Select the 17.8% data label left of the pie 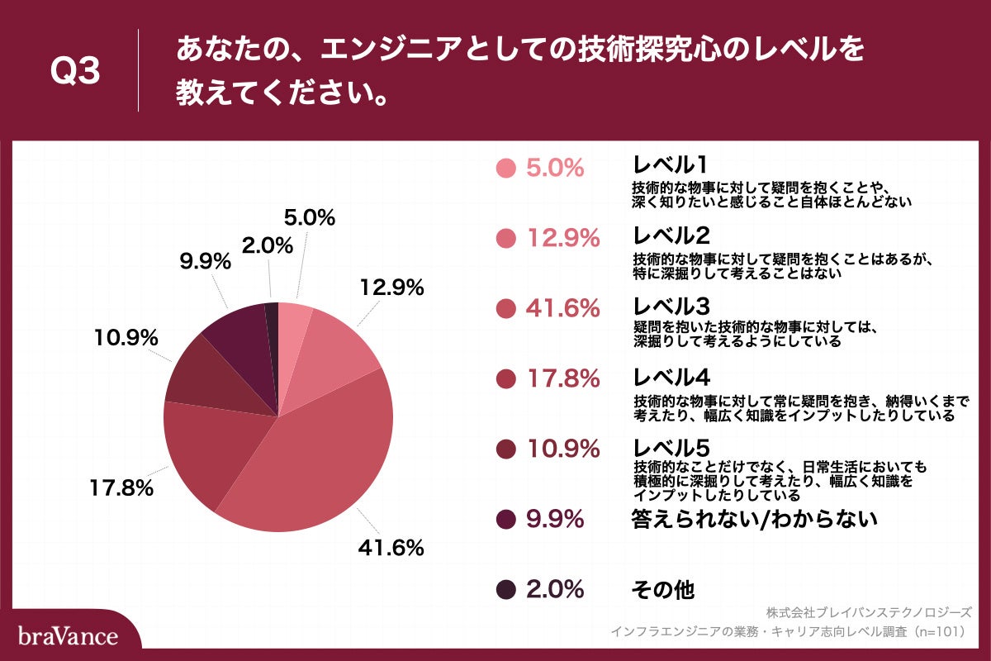(121, 487)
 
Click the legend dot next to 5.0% (506, 168)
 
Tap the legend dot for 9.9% (506, 519)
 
